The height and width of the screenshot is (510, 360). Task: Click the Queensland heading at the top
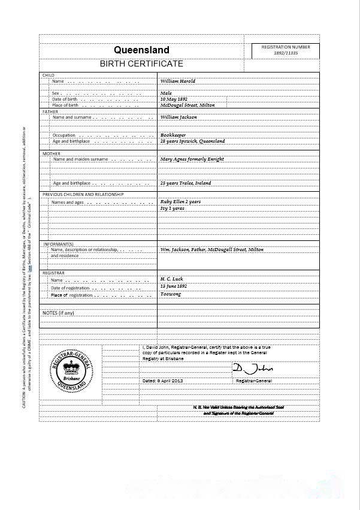pos(141,50)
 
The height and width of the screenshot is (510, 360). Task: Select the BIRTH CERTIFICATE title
pos(141,64)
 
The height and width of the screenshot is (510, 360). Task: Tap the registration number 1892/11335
pos(286,53)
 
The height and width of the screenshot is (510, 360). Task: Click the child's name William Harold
pos(177,81)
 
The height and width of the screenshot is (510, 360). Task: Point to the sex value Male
pos(166,93)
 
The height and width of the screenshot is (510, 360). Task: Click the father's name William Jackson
pos(179,117)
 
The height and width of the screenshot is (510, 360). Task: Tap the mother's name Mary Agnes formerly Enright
pos(192,159)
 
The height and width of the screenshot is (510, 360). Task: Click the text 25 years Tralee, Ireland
pos(185,183)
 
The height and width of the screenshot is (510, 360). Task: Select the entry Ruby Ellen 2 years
pos(180,202)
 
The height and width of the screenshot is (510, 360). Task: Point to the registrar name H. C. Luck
pos(171,280)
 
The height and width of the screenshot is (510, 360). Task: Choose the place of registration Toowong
pos(171,295)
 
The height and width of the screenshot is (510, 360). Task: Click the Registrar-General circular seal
pos(70,372)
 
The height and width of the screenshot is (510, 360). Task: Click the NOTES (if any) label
pos(58,313)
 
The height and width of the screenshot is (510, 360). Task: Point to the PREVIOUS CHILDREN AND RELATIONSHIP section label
pos(83,195)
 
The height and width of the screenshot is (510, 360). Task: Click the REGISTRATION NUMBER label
pos(286,47)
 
